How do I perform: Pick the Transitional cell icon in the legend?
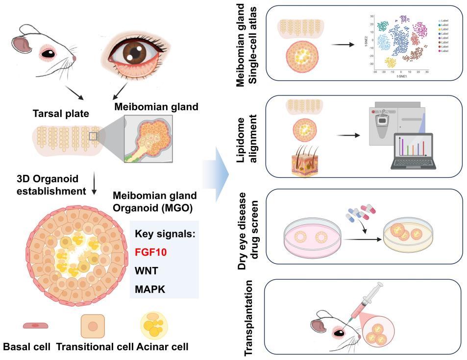tap(93, 327)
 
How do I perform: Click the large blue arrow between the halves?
tap(222, 175)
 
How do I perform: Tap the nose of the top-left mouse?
tap(74, 59)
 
